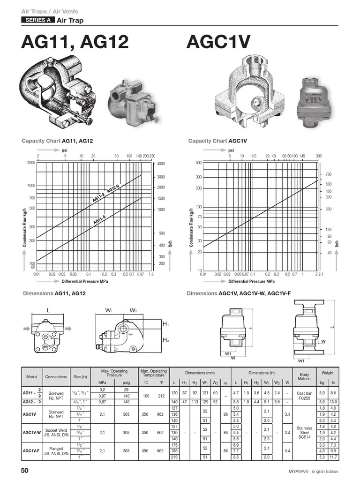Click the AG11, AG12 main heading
pyautogui.click(x=75, y=42)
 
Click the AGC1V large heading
pyautogui.click(x=218, y=42)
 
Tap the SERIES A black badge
pyautogui.click(x=37, y=20)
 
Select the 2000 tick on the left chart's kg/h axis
pyautogui.click(x=31, y=163)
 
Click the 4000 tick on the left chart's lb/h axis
pyautogui.click(x=161, y=164)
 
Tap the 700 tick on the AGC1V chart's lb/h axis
pyautogui.click(x=328, y=174)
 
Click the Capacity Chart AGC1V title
pyautogui.click(x=217, y=141)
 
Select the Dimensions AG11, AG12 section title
pyautogui.click(x=54, y=293)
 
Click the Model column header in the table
pyautogui.click(x=32, y=376)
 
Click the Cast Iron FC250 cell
pyautogui.click(x=304, y=396)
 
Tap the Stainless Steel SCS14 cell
pyautogui.click(x=304, y=432)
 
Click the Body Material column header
pyautogui.click(x=304, y=376)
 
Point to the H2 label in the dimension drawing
pyautogui.click(x=165, y=340)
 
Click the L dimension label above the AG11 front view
pyautogui.click(x=48, y=310)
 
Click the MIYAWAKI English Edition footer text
pyautogui.click(x=313, y=471)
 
